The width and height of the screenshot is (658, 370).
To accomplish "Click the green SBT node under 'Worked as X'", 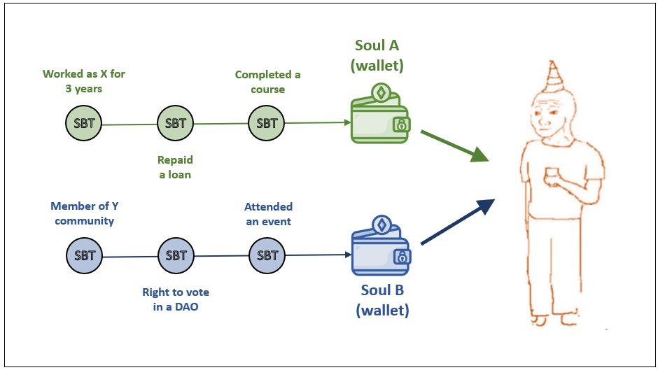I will pos(83,124).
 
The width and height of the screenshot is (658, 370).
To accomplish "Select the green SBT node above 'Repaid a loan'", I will pos(175,124).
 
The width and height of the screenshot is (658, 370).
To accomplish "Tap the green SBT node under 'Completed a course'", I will pos(267,124).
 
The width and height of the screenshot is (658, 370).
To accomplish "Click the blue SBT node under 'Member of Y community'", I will pos(83,255).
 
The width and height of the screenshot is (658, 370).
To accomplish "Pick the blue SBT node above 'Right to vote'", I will pos(175,255).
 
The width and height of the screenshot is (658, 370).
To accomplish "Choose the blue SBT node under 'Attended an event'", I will pos(267,255).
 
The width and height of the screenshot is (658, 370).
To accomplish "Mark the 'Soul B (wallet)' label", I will pos(381,299).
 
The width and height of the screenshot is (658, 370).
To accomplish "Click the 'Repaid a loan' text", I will pos(175,167).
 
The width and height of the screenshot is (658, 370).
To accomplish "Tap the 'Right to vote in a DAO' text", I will pos(175,299).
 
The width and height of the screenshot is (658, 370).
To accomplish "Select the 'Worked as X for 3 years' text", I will pos(84,81).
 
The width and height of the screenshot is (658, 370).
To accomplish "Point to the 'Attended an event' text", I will pos(268,214).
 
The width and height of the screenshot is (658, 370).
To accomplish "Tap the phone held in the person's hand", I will pos(553,173).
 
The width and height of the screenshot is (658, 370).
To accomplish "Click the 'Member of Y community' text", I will pos(83,213).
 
